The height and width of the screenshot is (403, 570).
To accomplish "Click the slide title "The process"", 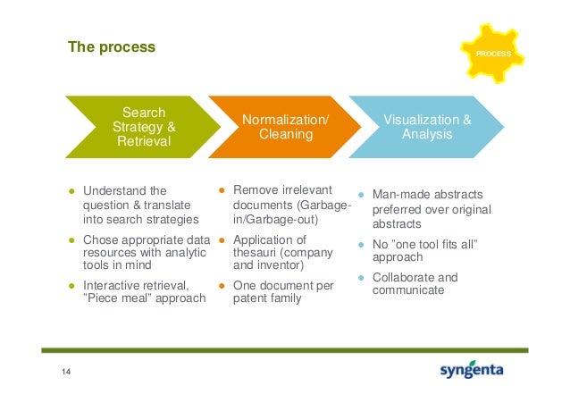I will coord(112,46).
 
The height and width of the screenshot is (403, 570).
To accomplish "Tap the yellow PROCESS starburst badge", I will coord(493,55).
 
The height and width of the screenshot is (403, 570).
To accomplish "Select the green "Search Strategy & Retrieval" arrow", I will coord(144,127).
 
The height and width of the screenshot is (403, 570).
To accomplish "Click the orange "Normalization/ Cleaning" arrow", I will coord(285,127).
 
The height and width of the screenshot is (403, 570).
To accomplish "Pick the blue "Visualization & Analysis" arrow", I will coord(426,127).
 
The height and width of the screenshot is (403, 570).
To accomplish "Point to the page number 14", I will coord(65,372).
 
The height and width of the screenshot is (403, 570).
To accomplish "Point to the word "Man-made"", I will coord(402,195).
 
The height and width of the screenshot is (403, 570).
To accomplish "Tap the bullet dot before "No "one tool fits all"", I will coord(360,244).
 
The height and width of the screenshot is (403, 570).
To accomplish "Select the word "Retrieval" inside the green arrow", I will coord(144,141).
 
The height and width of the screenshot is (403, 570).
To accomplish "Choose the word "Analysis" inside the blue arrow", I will coord(427,134).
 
